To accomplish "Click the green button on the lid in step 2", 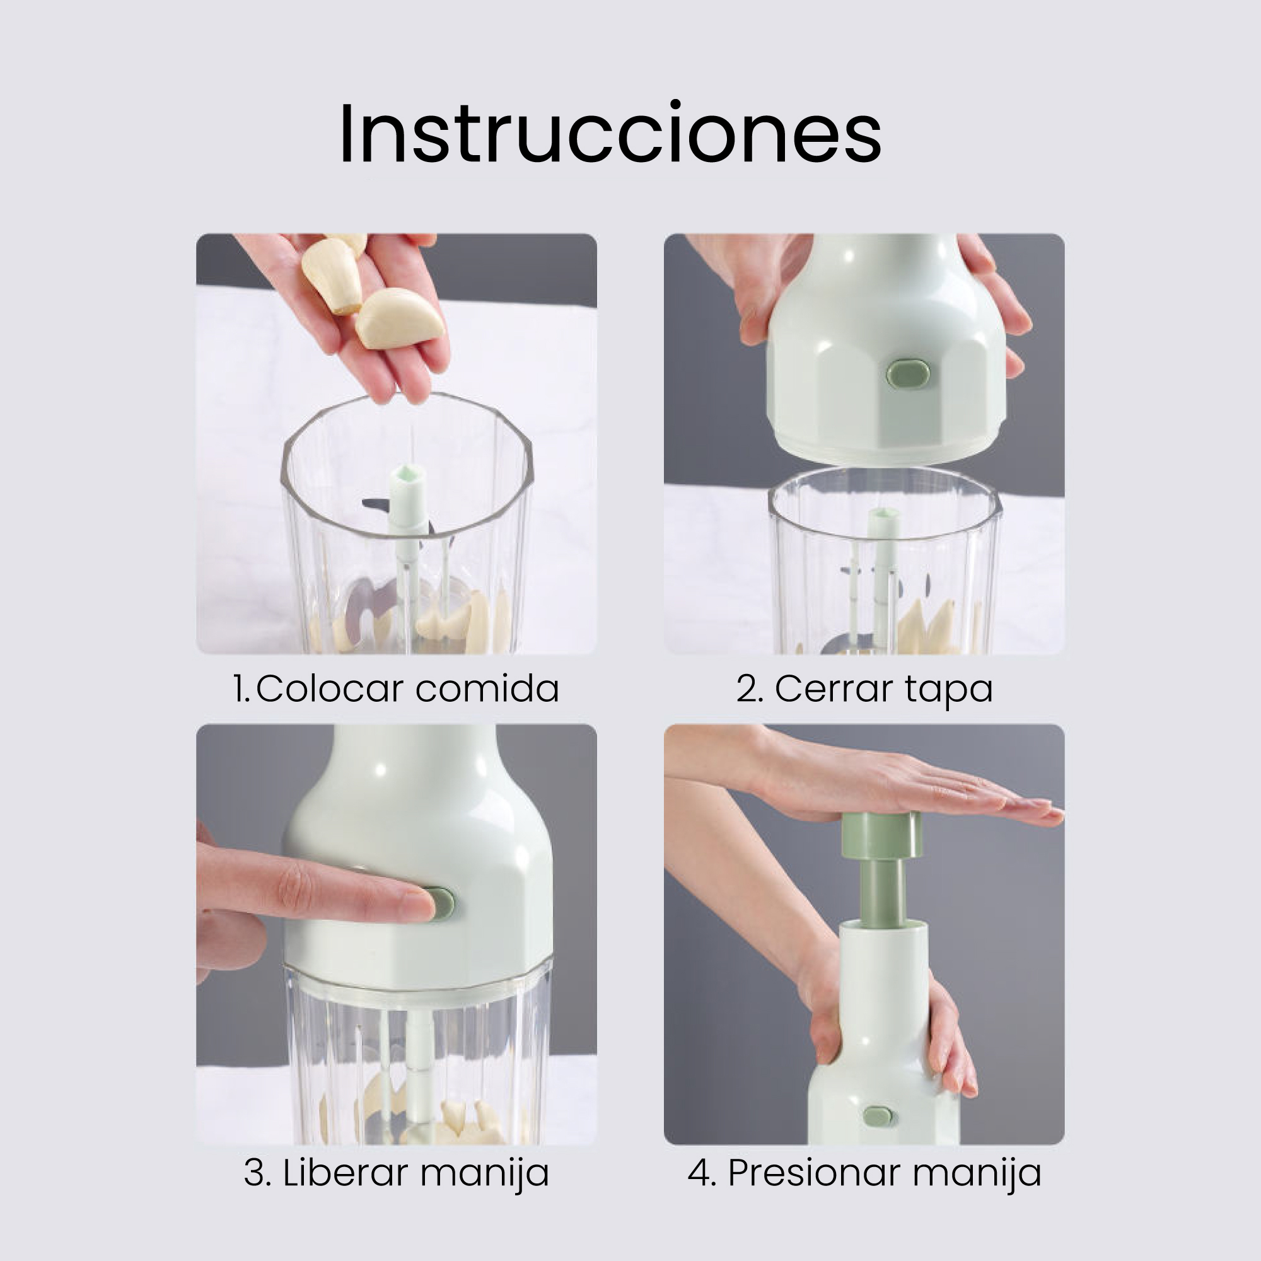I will pos(908,373).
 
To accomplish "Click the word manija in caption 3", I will pos(484,1175).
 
